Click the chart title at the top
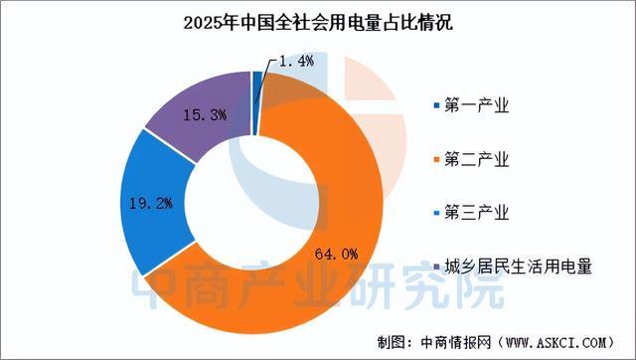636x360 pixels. point(317,23)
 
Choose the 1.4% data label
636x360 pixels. point(295,62)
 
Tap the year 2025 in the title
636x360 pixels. point(203,23)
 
